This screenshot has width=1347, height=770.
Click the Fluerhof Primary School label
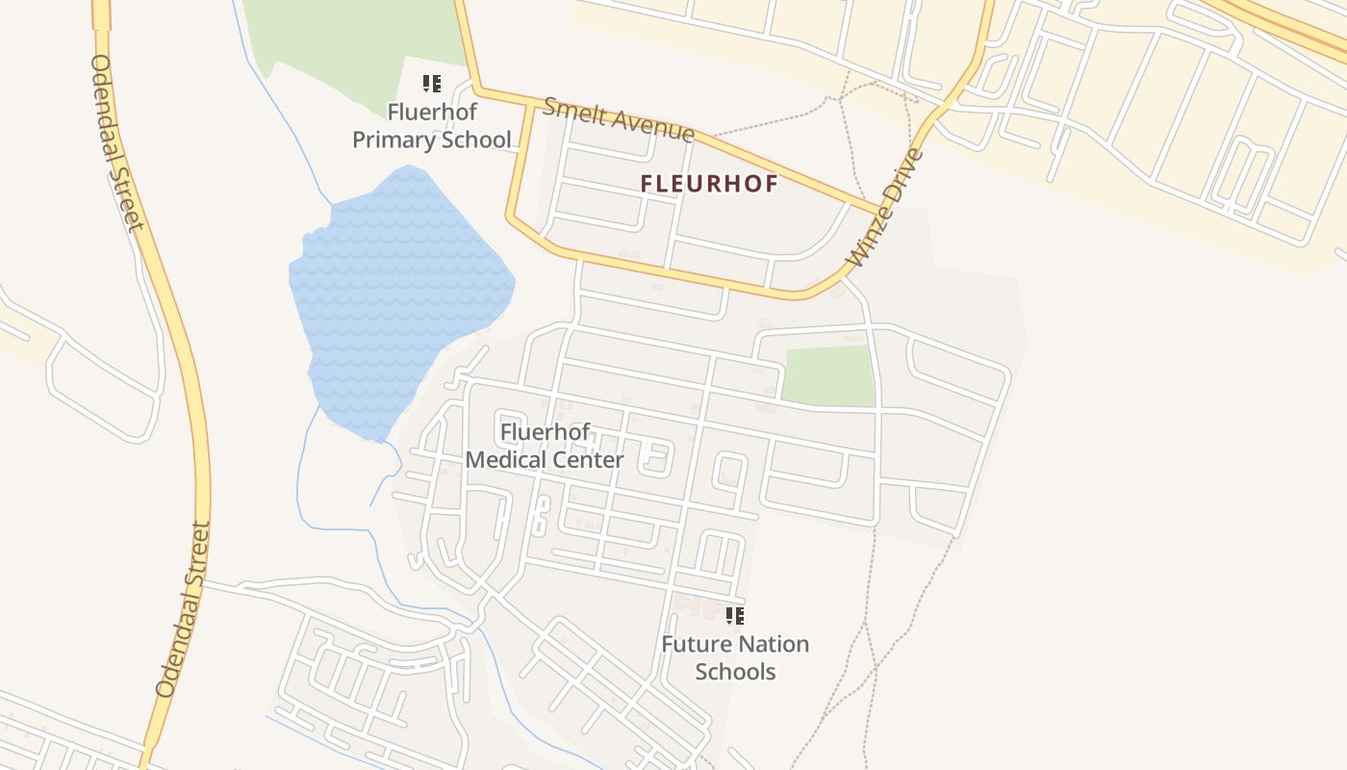[x=432, y=126]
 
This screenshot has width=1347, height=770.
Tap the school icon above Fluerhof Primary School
[x=432, y=84]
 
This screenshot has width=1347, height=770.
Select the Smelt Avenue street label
[x=618, y=119]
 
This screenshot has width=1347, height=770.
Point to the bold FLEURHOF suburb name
[x=709, y=184]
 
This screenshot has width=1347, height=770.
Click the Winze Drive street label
[x=886, y=208]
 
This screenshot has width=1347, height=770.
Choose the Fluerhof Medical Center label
[x=545, y=446]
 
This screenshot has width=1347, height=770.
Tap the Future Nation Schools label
[x=735, y=657]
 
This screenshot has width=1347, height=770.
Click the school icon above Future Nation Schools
[x=735, y=615]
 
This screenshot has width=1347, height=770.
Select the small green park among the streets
[x=827, y=374]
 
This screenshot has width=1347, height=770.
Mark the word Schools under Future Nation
[x=735, y=672]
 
